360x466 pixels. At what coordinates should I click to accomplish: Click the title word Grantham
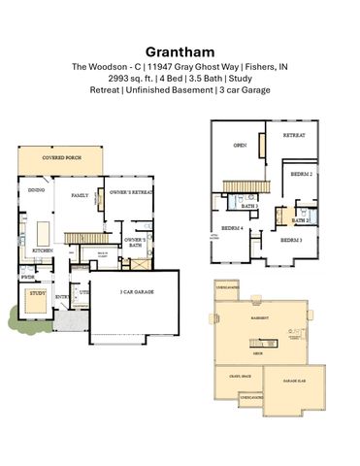[x=180, y=50]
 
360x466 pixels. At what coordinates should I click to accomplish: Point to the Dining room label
[x=35, y=190]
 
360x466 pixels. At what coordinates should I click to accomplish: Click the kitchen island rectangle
[x=43, y=233]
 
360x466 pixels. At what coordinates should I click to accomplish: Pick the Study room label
[x=37, y=292]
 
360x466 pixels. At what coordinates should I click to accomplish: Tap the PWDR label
[x=28, y=276]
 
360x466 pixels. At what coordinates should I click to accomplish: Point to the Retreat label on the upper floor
[x=294, y=136]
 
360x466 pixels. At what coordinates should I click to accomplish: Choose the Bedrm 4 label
[x=233, y=228]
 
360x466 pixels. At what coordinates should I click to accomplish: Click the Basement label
[x=260, y=317]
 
